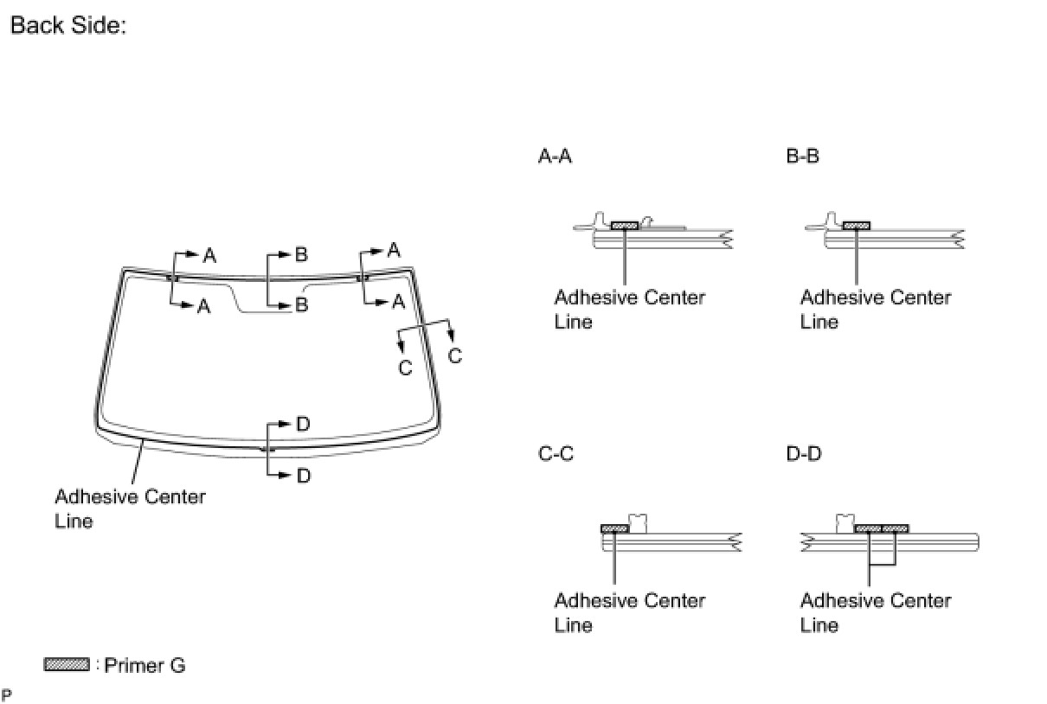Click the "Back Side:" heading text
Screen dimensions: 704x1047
pyautogui.click(x=68, y=25)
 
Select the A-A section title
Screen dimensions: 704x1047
pyautogui.click(x=555, y=157)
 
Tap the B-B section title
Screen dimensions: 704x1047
pyautogui.click(x=802, y=157)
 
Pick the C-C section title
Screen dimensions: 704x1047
pyautogui.click(x=556, y=453)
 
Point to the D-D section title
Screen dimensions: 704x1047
pyautogui.click(x=803, y=453)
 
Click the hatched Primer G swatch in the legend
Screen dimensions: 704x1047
pyautogui.click(x=67, y=665)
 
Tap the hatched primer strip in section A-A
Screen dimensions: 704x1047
pyautogui.click(x=624, y=226)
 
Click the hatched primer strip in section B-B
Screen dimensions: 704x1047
pyautogui.click(x=856, y=226)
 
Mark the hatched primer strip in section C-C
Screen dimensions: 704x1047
pyautogui.click(x=614, y=528)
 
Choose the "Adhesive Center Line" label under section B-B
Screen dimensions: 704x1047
pyautogui.click(x=875, y=309)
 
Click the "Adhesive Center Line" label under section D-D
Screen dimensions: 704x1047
pyautogui.click(x=875, y=612)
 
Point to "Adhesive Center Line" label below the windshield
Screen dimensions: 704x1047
pyautogui.click(x=130, y=509)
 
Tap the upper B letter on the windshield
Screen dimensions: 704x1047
pyautogui.click(x=301, y=254)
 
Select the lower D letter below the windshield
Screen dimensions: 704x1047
pyautogui.click(x=303, y=476)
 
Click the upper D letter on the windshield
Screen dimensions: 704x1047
pyautogui.click(x=303, y=424)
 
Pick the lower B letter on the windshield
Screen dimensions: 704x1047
pyautogui.click(x=301, y=304)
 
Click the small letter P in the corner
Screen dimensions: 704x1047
pyautogui.click(x=7, y=694)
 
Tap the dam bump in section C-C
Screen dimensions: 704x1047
pyautogui.click(x=639, y=522)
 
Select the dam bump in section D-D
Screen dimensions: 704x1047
pyautogui.click(x=845, y=522)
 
